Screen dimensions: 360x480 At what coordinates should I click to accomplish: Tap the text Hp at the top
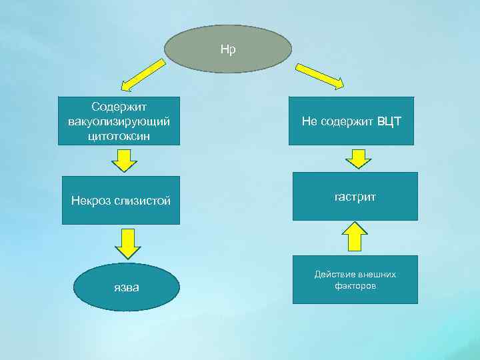pos(228,49)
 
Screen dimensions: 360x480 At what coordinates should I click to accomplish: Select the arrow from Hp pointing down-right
pos(319,75)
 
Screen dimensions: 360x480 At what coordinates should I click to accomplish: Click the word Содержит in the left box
pos(119,107)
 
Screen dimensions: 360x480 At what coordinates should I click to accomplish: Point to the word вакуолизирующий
pos(119,121)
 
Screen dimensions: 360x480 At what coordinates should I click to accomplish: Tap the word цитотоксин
pos(119,136)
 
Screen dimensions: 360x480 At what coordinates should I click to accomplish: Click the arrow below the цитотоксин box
pos(124,160)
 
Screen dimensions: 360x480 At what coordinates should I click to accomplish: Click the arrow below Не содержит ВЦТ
pos(359,159)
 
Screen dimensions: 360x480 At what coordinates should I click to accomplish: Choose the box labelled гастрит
pos(355,196)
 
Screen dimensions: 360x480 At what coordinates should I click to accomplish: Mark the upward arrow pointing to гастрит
pos(355,237)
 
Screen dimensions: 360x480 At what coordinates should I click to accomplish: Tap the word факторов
pos(355,286)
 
